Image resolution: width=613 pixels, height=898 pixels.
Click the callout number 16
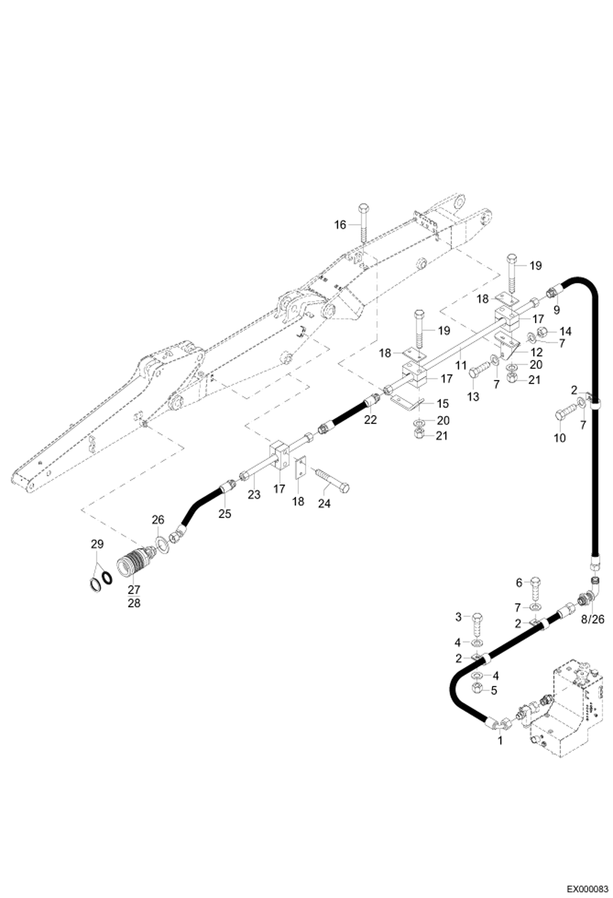pos(340,225)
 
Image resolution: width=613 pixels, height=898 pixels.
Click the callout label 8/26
pos(592,620)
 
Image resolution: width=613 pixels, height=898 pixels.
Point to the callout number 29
pos(97,544)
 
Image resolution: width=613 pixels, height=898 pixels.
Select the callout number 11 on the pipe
pos(461,365)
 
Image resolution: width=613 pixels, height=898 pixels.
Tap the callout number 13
pos(473,397)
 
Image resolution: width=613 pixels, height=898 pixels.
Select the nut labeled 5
pos(477,690)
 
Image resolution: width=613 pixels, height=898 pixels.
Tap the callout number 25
pos(225,513)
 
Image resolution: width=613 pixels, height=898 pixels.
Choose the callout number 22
pos(370,420)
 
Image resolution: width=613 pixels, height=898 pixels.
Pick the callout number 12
pos(536,352)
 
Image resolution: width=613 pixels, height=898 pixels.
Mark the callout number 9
pos(556,310)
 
